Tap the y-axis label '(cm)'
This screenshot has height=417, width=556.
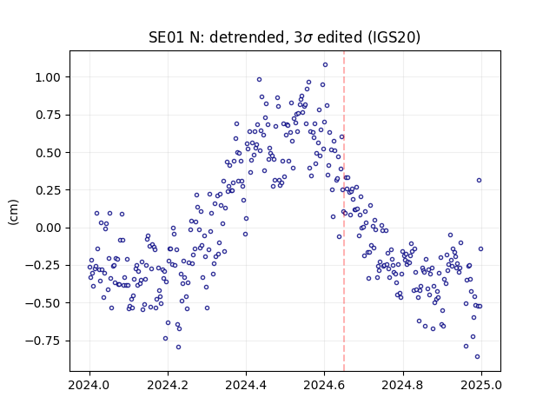click(13, 212)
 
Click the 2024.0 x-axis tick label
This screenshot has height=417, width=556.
click(89, 385)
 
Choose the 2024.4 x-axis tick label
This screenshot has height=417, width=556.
click(246, 385)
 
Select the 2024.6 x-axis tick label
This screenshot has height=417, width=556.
click(324, 385)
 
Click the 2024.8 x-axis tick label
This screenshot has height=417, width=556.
click(403, 385)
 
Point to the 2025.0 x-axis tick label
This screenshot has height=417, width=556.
click(481, 385)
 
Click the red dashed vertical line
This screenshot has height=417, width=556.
click(344, 211)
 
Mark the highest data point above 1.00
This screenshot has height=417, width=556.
click(325, 65)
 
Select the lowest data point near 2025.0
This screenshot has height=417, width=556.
click(477, 357)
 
